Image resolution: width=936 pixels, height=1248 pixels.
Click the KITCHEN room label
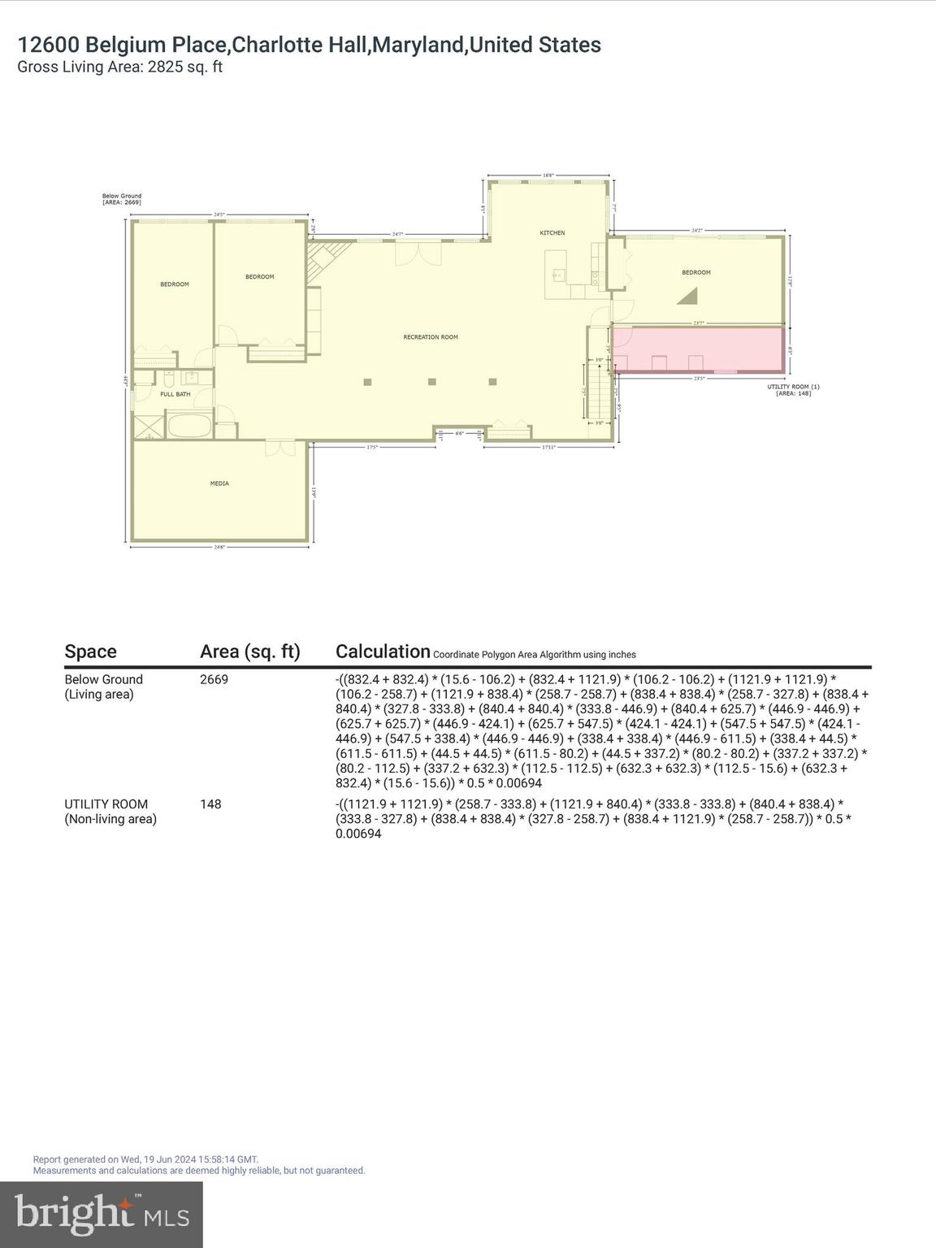point(552,233)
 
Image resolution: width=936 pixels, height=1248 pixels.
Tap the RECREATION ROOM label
point(431,337)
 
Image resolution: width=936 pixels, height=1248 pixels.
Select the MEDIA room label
point(219,483)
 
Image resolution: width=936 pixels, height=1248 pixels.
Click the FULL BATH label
point(175,394)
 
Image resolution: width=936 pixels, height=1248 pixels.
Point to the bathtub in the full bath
point(189,425)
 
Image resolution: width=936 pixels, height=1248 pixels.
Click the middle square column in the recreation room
point(432,382)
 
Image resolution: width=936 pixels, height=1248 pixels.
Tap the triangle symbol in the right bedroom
point(689,297)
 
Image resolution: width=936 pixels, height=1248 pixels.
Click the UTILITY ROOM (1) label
point(793,389)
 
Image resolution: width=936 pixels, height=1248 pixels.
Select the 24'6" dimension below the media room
point(219,548)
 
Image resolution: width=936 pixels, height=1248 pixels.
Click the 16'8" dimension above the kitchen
point(548,175)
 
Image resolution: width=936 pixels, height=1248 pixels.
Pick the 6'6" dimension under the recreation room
point(459,434)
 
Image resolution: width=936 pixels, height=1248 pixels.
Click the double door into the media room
point(279,446)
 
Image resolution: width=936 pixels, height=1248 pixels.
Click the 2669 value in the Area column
point(214,679)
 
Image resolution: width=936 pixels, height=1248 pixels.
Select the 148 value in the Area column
point(210,804)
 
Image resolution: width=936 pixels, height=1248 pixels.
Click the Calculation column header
point(383,652)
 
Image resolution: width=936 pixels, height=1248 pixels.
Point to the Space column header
point(90,652)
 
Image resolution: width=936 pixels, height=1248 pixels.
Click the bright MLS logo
point(102,1214)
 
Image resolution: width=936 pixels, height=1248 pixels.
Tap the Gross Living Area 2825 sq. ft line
point(119,67)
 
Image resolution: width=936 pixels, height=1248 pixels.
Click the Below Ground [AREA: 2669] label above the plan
point(122,198)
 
